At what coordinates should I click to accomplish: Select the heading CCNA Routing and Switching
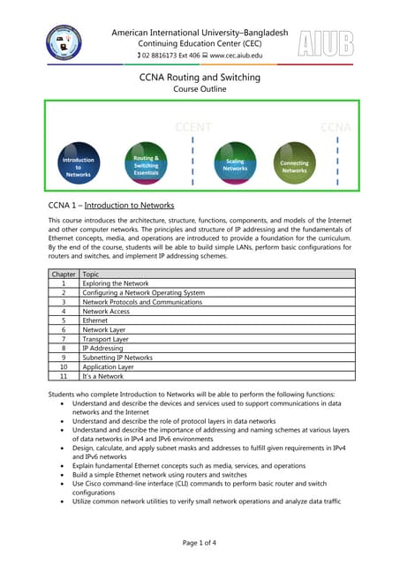tap(200, 78)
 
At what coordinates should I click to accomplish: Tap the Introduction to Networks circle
tap(79, 166)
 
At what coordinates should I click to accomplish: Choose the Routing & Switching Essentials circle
tap(146, 164)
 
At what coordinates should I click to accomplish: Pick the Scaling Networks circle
tap(235, 164)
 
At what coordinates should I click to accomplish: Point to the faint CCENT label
tap(193, 127)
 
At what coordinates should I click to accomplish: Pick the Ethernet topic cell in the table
tap(95, 320)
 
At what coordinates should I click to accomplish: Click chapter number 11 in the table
tap(63, 377)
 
